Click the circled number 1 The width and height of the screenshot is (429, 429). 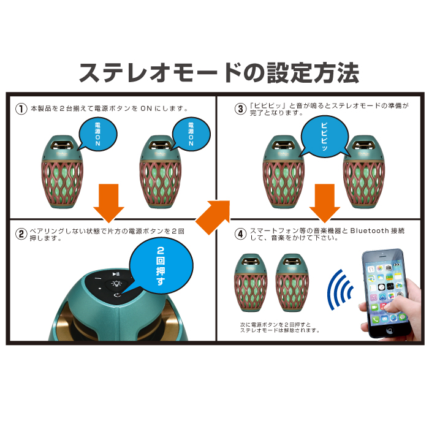tap(21, 108)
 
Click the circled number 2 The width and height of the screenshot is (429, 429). tap(21, 234)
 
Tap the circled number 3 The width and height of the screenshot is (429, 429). tap(240, 108)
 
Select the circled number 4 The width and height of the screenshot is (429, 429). tap(240, 234)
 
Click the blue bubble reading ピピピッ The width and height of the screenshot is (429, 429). tap(324, 137)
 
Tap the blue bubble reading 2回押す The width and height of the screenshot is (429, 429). tap(161, 265)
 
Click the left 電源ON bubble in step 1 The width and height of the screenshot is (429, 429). tap(97, 134)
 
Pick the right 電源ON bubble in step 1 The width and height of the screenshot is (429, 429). tap(191, 134)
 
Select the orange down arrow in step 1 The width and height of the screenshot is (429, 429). tap(109, 203)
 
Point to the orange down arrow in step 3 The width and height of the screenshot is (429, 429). tap(325, 203)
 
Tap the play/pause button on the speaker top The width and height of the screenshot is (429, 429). tap(116, 274)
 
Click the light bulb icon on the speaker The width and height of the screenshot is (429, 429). tap(116, 283)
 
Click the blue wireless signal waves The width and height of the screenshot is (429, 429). tap(340, 289)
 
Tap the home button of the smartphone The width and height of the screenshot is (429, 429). tap(389, 330)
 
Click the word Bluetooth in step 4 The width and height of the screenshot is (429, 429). tap(370, 231)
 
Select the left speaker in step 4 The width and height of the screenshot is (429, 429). tap(251, 283)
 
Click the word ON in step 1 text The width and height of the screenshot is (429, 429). tap(146, 108)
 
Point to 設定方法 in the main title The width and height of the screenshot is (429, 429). tap(313, 72)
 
